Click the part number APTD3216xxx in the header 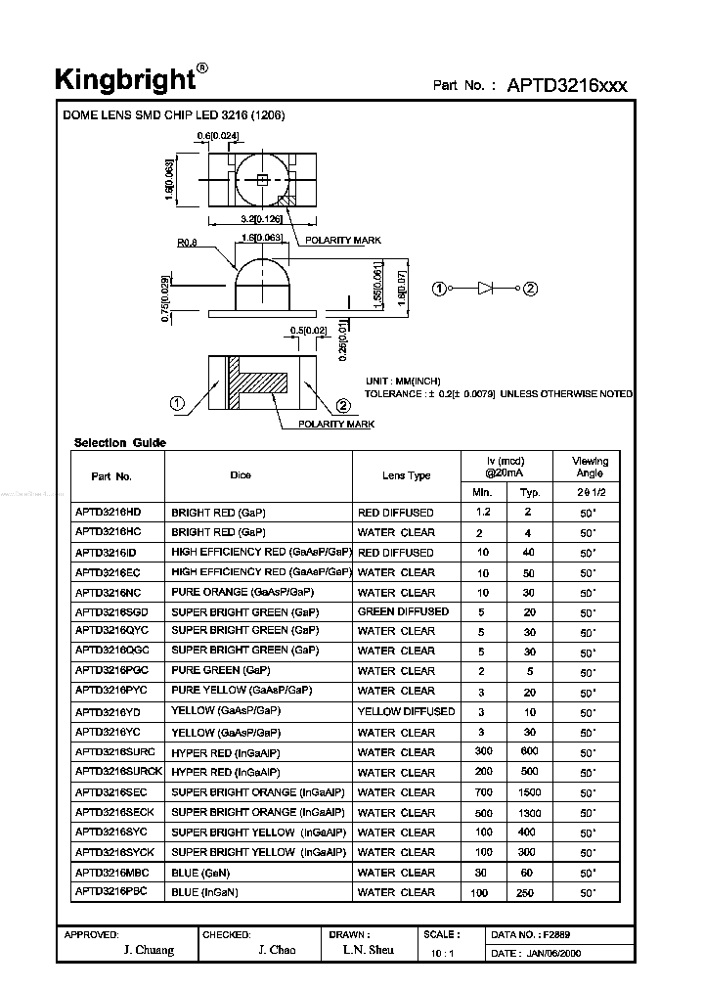pos(567,85)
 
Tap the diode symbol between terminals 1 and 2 pos(486,289)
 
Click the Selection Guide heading pos(120,443)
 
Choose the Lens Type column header pos(406,475)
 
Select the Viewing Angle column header pos(591,467)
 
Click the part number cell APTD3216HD pos(109,512)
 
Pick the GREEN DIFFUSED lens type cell pos(403,611)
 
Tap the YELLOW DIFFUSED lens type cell pos(406,711)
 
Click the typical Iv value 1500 pos(530,792)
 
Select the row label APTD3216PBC pos(110,891)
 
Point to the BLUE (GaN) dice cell pos(199,873)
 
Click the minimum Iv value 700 pos(483,792)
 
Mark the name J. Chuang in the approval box pos(150,950)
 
